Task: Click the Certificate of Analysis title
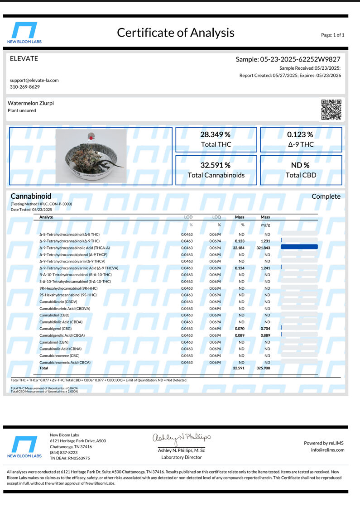(x=176, y=33)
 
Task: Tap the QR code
(x=331, y=110)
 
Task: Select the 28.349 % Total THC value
(x=216, y=134)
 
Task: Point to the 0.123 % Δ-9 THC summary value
(x=300, y=134)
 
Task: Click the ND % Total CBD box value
(x=300, y=165)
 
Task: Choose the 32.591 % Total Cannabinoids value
(x=216, y=165)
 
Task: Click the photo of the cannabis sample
(x=91, y=155)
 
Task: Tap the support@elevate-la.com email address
(x=34, y=80)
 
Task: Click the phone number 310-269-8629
(x=25, y=87)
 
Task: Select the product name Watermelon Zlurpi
(x=31, y=103)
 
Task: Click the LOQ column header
(x=216, y=217)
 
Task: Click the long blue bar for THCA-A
(x=299, y=247)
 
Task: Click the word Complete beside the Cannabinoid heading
(x=326, y=196)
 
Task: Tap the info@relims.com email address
(x=328, y=450)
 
